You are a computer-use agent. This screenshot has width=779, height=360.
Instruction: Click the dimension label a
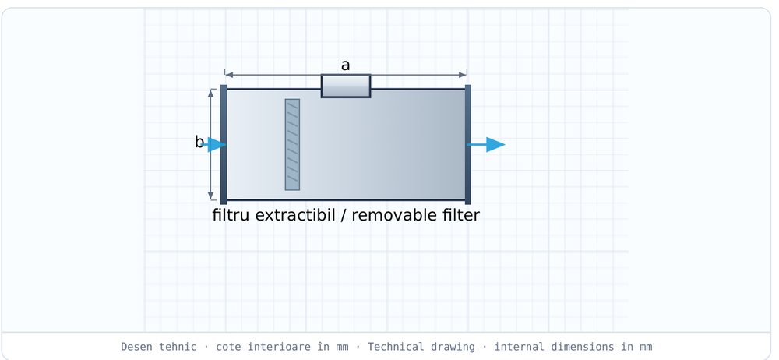(x=345, y=65)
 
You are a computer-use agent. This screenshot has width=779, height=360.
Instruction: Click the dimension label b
(x=199, y=143)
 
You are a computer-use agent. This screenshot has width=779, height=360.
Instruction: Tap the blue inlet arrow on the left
(x=214, y=144)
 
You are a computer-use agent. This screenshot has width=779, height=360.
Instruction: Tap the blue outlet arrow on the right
(x=486, y=144)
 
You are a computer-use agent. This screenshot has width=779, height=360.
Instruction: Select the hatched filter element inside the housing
(x=292, y=144)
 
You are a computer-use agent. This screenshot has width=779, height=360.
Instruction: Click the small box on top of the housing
(x=346, y=86)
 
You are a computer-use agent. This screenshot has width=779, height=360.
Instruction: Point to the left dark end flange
(x=224, y=144)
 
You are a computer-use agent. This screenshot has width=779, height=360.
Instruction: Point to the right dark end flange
(x=468, y=144)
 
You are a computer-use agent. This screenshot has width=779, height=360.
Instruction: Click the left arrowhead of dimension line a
(x=229, y=75)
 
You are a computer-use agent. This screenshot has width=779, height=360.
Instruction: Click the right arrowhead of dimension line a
(x=463, y=75)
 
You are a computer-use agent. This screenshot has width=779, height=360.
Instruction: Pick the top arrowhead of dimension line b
(x=210, y=94)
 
